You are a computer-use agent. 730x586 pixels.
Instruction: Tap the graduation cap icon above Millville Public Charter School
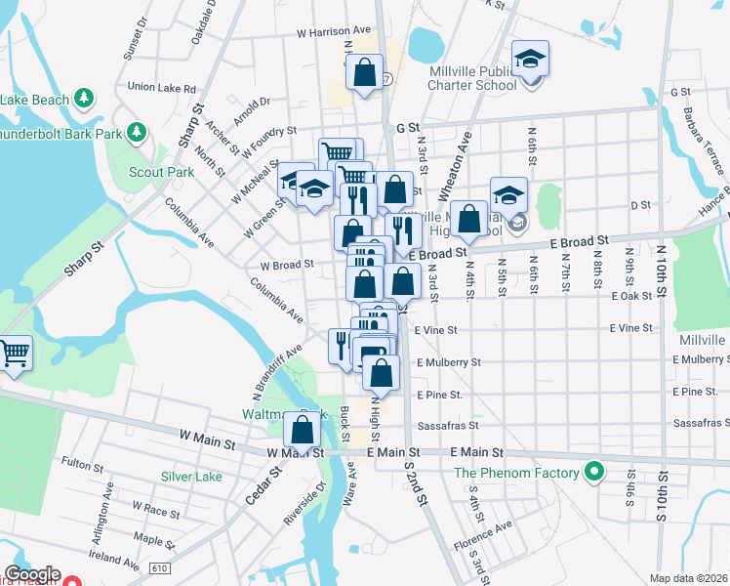530,60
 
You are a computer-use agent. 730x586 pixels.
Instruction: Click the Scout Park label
162,172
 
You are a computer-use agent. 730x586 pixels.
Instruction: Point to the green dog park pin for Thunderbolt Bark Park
138,131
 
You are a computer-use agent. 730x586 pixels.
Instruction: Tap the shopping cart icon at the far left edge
14,353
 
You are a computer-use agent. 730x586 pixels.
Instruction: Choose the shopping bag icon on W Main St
304,428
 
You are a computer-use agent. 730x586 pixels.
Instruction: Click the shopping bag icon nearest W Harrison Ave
364,72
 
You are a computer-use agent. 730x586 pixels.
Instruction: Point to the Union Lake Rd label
161,88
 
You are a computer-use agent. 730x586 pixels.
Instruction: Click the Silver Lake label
191,477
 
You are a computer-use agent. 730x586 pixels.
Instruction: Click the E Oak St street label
630,296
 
